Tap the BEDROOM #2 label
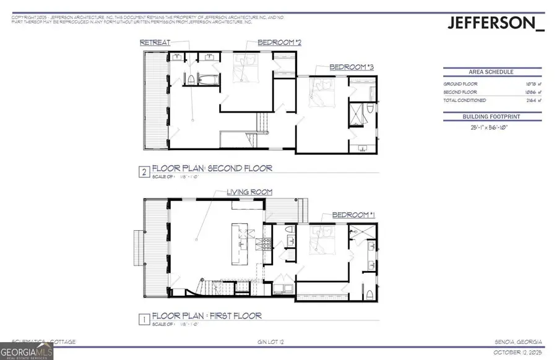[x=280, y=43]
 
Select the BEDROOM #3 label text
[x=351, y=67]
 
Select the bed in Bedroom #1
[x=322, y=243]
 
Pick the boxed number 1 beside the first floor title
[x=144, y=320]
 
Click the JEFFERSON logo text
[x=495, y=24]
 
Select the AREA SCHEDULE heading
[x=492, y=72]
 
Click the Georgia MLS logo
[x=27, y=350]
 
